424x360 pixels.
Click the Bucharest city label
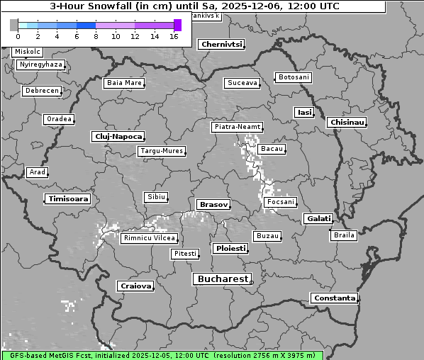click(x=222, y=279)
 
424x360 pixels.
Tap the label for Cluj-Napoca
click(x=118, y=136)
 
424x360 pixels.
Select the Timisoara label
click(x=68, y=199)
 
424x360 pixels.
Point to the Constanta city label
click(x=334, y=298)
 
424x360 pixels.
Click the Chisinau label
click(x=347, y=123)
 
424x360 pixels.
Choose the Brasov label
click(x=213, y=204)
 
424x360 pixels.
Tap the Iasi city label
click(x=304, y=112)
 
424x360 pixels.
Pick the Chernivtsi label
click(x=221, y=44)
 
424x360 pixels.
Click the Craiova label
click(x=135, y=286)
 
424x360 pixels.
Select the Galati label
click(x=318, y=218)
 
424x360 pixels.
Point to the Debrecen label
click(x=42, y=91)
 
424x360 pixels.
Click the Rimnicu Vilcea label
click(x=148, y=238)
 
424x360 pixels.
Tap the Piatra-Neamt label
click(x=237, y=127)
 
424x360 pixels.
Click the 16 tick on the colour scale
click(x=174, y=36)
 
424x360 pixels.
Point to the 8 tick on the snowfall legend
click(x=96, y=36)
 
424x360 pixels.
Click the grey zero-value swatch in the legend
click(x=14, y=25)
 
